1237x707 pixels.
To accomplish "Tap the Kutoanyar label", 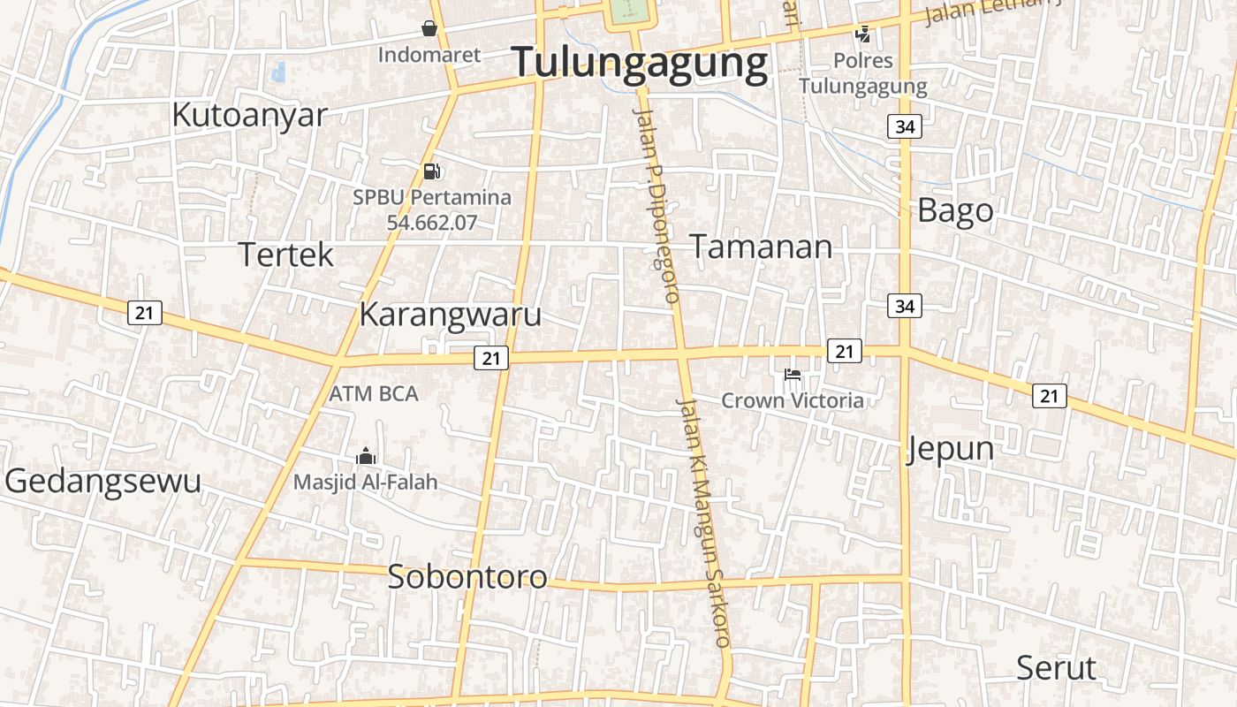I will coord(249,115).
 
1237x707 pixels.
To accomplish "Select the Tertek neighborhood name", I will coord(286,255).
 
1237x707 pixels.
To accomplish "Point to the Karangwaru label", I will coord(450,315).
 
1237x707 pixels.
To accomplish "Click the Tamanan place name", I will coord(760,247).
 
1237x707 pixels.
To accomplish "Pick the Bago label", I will coord(955,211).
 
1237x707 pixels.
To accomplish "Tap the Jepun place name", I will coord(950,449).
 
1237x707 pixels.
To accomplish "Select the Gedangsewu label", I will coord(102,481).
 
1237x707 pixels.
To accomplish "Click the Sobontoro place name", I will coord(467,576).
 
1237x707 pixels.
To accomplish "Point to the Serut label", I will coord(1055,667).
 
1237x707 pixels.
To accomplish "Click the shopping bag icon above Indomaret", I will coord(429,29).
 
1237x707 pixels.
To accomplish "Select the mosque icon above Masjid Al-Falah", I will coord(365,457).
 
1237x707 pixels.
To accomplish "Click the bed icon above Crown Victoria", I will coord(793,375).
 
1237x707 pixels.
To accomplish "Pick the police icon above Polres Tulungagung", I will coord(862,34).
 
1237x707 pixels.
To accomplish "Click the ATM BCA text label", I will coord(374,393).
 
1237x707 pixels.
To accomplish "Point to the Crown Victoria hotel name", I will coord(793,400).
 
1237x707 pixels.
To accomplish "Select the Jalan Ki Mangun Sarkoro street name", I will coord(704,521).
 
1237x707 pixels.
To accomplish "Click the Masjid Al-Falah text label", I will coord(365,483).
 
